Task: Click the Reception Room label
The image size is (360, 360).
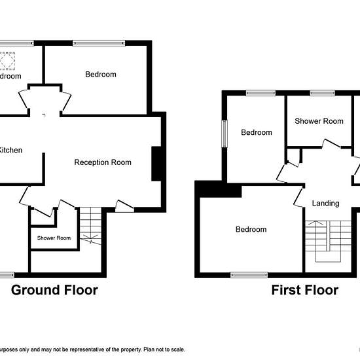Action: pyautogui.click(x=103, y=162)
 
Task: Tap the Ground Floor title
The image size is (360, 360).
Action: pyautogui.click(x=54, y=290)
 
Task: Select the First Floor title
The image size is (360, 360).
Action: pyautogui.click(x=305, y=290)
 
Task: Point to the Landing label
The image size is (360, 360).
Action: pyautogui.click(x=325, y=204)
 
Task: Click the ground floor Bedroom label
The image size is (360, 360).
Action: pyautogui.click(x=101, y=75)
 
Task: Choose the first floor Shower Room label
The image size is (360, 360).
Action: pyautogui.click(x=319, y=121)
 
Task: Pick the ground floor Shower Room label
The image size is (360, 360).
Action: pyautogui.click(x=54, y=238)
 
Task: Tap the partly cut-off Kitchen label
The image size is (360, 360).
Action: pyautogui.click(x=11, y=151)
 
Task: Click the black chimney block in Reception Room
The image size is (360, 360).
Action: pyautogui.click(x=157, y=163)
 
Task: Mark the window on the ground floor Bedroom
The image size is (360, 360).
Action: pyautogui.click(x=98, y=44)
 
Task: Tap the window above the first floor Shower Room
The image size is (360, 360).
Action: pyautogui.click(x=318, y=93)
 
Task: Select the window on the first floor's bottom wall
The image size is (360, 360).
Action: pyautogui.click(x=249, y=275)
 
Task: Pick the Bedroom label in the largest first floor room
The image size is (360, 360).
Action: pyautogui.click(x=251, y=230)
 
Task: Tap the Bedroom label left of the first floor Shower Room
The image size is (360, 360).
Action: pyautogui.click(x=256, y=133)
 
